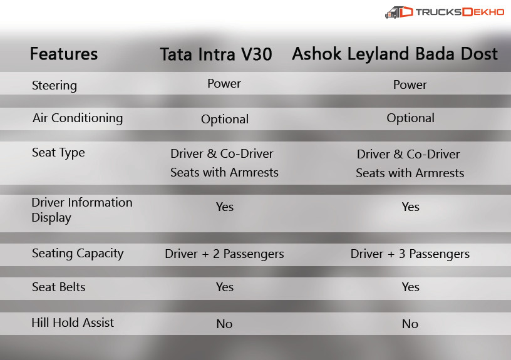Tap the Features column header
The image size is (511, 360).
click(64, 54)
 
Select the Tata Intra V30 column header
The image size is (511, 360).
click(216, 54)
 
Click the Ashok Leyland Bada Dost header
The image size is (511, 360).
click(395, 54)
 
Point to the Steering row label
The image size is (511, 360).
click(54, 85)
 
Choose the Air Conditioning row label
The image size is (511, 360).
click(78, 118)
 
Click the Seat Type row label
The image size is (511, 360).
click(58, 153)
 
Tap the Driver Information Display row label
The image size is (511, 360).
click(82, 210)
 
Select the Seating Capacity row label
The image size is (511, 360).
click(78, 254)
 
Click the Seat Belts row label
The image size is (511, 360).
click(58, 287)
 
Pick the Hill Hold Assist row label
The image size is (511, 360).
click(73, 323)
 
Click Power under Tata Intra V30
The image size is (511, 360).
click(224, 84)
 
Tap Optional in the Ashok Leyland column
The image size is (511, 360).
click(410, 118)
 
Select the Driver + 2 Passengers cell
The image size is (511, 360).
click(224, 254)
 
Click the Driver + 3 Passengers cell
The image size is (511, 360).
click(410, 254)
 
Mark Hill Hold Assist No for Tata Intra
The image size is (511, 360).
click(224, 324)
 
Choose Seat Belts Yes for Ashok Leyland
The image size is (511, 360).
click(410, 287)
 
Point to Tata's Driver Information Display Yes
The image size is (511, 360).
click(224, 207)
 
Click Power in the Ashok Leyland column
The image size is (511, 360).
click(410, 85)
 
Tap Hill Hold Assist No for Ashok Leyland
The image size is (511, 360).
click(410, 324)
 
